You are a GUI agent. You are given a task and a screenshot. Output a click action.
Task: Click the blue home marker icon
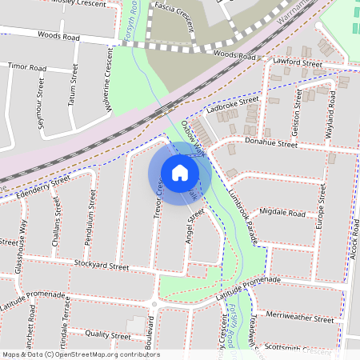[x=180, y=172]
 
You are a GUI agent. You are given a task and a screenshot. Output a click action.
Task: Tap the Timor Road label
[x=27, y=68]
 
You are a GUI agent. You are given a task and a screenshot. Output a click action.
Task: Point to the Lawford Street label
[x=297, y=62]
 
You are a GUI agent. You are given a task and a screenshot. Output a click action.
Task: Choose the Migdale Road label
[x=283, y=214]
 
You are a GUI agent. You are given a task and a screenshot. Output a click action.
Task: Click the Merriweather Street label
[x=301, y=318]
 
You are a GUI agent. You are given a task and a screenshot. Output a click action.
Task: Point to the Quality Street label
[x=107, y=335]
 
